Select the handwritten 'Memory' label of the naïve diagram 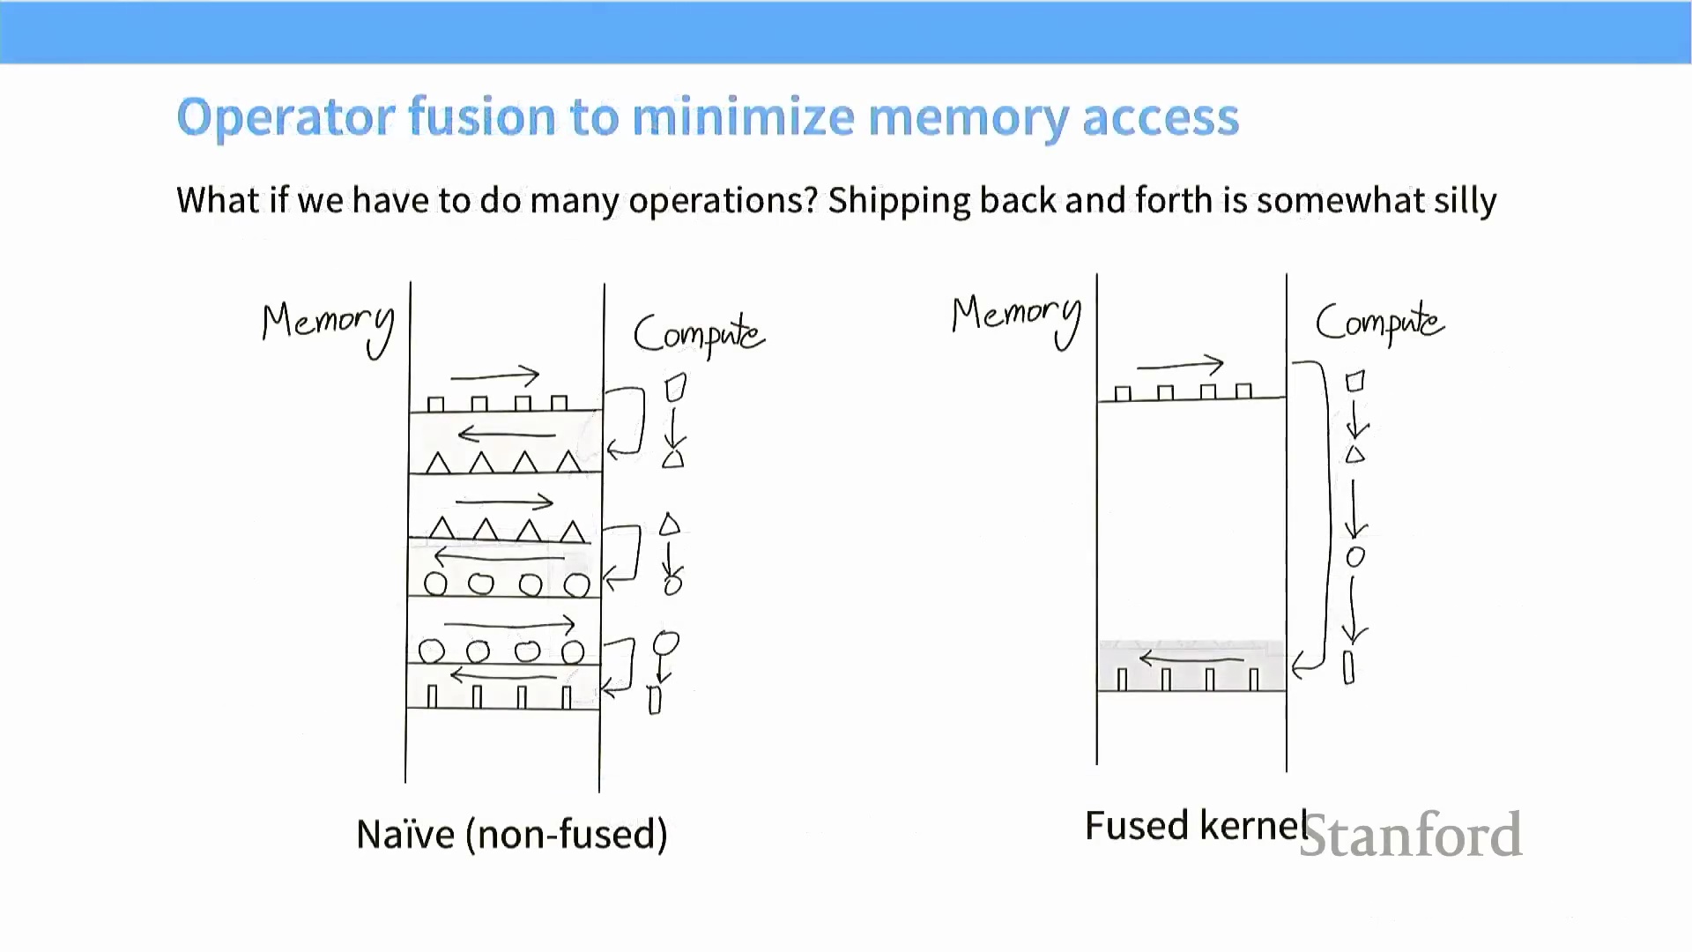pos(328,324)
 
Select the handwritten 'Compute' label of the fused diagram pos(1379,323)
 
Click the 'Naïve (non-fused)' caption pos(511,834)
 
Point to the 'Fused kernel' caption pos(1195,826)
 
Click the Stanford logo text pos(1410,835)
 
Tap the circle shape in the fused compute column pos(1355,557)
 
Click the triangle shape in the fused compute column pos(1355,455)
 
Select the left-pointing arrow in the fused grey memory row pos(1191,658)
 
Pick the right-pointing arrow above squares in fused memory pos(1181,364)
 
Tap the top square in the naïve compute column pos(675,388)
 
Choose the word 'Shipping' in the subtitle pos(899,201)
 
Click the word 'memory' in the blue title pos(967,117)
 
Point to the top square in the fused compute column pos(1355,382)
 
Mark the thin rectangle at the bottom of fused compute pos(1348,667)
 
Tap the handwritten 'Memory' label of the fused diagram pos(1016,316)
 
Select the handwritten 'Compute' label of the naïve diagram pos(698,334)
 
